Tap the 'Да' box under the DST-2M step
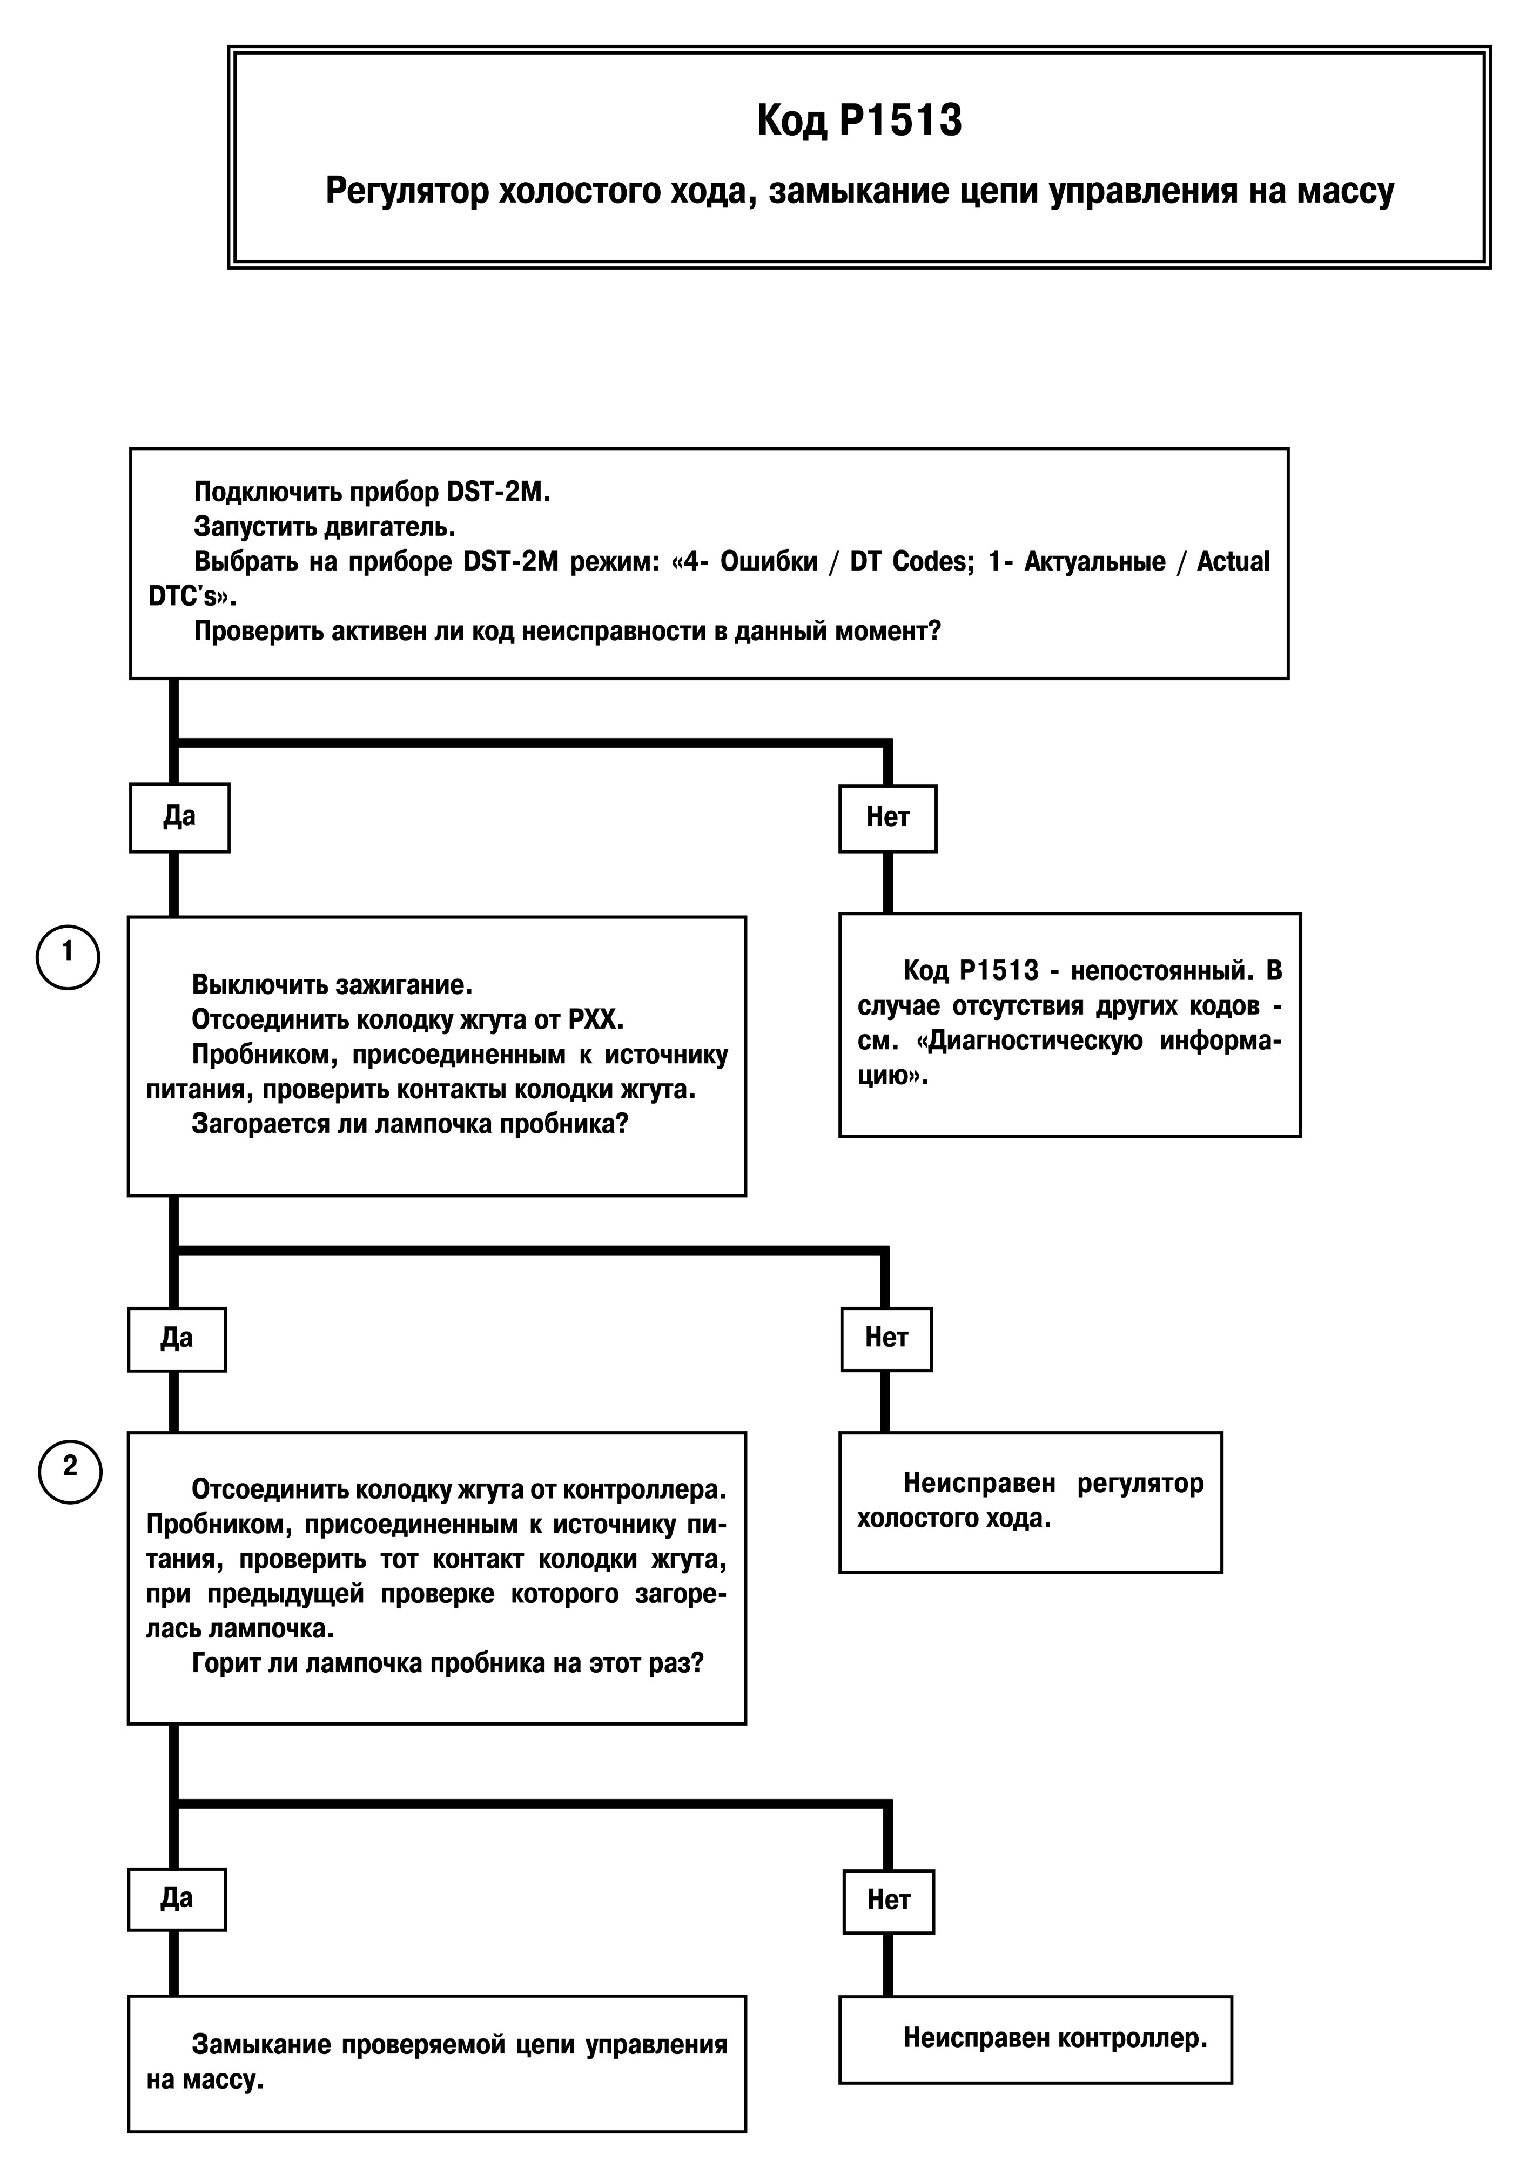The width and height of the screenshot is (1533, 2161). point(179,817)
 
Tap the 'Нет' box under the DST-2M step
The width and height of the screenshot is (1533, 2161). point(888,818)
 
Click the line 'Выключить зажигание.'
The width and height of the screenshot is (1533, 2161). point(332,985)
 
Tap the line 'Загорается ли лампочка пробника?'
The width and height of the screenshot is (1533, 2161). point(409,1124)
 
